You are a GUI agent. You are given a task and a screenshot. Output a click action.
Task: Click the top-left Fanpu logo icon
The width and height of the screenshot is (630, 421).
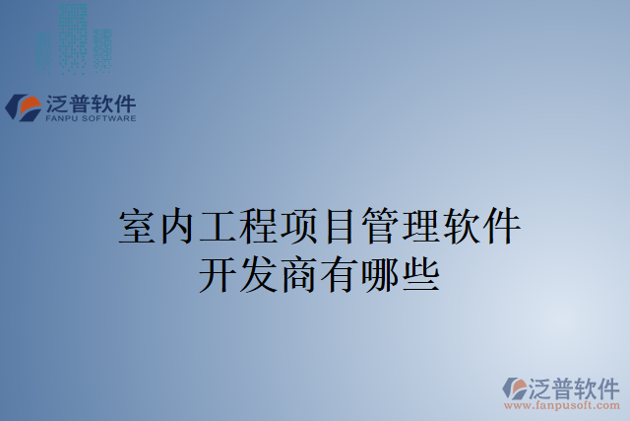coord(22,106)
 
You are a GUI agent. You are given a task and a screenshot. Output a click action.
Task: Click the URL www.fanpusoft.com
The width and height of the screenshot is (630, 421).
coord(562,404)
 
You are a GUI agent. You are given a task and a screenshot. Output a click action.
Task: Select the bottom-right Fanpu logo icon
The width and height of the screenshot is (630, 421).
coord(515,387)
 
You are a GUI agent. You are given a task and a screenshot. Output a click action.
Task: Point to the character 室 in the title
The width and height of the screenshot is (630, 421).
coord(136,228)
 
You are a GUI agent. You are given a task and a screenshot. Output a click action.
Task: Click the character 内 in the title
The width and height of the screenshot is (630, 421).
coord(177,228)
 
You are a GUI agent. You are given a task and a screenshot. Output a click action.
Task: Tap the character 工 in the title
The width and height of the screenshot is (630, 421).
coord(218,228)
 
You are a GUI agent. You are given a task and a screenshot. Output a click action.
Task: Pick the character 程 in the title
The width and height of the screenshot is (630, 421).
coord(259,228)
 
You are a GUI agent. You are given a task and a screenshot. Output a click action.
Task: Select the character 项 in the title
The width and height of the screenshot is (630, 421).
coord(299,228)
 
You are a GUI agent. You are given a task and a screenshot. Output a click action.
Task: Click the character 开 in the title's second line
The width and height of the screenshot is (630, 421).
coord(218,272)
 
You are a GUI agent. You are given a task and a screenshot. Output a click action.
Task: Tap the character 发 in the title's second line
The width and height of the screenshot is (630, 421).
coord(259,272)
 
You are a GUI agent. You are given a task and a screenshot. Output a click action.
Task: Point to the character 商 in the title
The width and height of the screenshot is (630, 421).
coord(299,272)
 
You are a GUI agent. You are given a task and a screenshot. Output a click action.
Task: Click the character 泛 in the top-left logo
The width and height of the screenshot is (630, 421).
coord(57,104)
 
